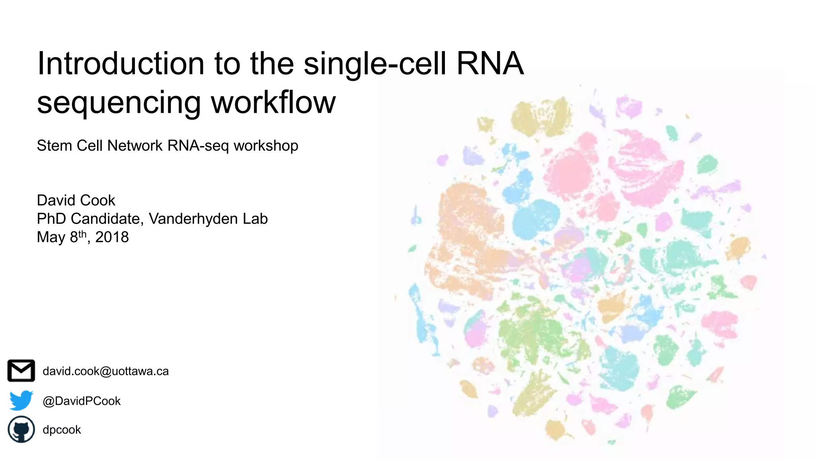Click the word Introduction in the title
tap(121, 64)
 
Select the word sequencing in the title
tap(119, 103)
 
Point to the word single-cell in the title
tap(374, 64)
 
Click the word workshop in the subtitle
tap(265, 146)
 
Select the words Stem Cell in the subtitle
tap(70, 146)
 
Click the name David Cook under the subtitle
tap(76, 200)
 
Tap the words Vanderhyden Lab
tap(208, 219)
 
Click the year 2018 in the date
tap(112, 237)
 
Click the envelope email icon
tap(21, 371)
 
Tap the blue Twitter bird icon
tap(21, 400)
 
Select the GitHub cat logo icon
tap(21, 430)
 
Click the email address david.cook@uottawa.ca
tap(105, 371)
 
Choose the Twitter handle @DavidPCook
tap(82, 401)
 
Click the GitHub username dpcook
tap(62, 430)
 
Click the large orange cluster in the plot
tap(466, 239)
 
